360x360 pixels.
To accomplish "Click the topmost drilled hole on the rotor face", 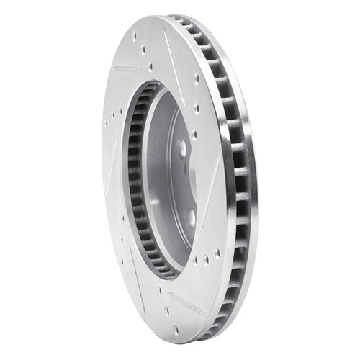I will (x=135, y=35).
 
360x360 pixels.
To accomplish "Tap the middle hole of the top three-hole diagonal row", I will (x=143, y=51).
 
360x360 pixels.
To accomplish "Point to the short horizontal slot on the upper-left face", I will (x=127, y=70).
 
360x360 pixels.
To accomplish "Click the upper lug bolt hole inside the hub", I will (x=182, y=148).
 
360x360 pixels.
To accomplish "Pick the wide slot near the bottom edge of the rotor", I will (x=184, y=303).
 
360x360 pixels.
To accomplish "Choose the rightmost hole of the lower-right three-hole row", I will (x=217, y=253).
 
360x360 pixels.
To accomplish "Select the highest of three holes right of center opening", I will (x=196, y=79).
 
